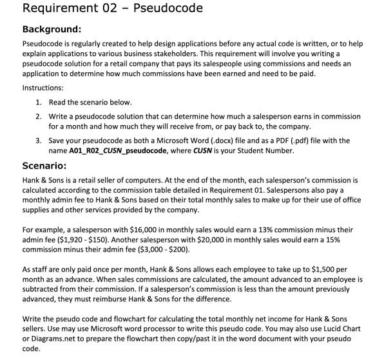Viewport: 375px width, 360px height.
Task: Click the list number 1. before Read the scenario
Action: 39,102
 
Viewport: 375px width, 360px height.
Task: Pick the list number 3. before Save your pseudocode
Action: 39,140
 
